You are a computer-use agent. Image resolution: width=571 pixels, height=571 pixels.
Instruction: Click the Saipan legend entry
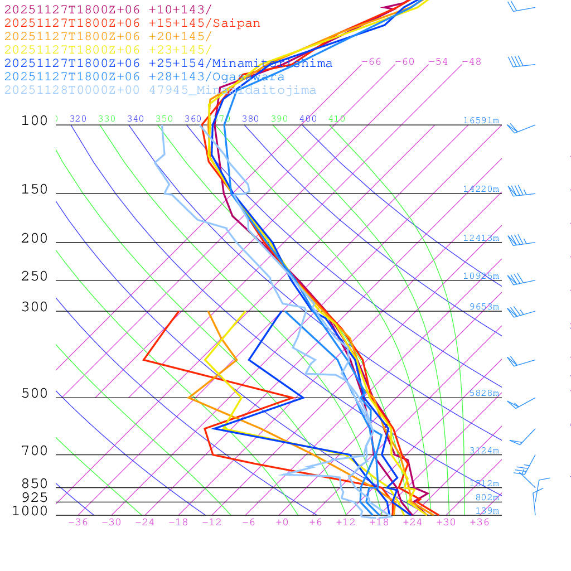point(132,23)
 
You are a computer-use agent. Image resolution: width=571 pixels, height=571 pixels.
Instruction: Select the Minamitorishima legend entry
point(168,64)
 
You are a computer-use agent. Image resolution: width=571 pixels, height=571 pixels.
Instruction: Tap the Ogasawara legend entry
point(144,77)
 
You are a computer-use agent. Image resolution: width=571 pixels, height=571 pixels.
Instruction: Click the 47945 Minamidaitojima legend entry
point(160,90)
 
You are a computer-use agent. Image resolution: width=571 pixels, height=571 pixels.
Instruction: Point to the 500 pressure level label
point(35,394)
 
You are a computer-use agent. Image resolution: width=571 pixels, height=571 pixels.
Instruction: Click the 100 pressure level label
point(35,120)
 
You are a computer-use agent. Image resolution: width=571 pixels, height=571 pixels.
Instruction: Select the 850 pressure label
point(35,483)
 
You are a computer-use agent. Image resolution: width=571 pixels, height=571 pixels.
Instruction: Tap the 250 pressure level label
point(35,277)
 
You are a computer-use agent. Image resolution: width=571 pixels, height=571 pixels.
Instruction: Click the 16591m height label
point(481,120)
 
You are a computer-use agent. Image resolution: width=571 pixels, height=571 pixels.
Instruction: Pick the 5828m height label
point(484,393)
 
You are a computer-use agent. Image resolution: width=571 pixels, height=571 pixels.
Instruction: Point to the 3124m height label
point(484,451)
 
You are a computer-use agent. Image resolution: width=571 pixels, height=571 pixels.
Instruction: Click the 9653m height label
point(484,307)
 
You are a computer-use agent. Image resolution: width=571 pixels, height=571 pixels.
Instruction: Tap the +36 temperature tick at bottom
point(480,522)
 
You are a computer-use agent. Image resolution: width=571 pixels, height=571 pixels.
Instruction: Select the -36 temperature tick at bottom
point(78,522)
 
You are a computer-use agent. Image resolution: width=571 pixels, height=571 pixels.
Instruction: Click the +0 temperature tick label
point(282,522)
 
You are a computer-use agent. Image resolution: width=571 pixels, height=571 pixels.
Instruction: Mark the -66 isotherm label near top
point(371,62)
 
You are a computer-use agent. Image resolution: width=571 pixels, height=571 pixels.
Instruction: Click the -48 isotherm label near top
point(471,62)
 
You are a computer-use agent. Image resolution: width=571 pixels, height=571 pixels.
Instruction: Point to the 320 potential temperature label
point(78,119)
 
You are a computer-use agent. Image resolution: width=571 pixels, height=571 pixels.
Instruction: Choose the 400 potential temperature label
point(308,119)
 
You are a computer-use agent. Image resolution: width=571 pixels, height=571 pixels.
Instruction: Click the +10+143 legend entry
point(108,10)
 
